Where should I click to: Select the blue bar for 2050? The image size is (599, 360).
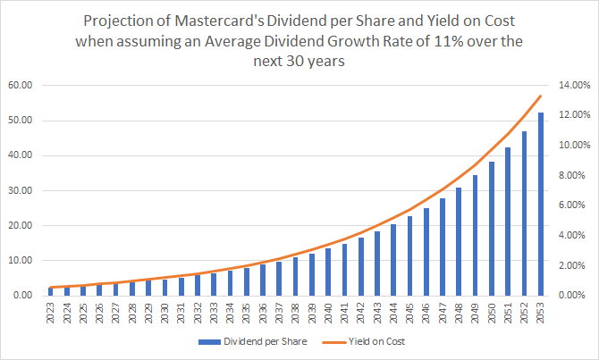click(492, 228)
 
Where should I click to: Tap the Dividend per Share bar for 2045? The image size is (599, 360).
click(409, 255)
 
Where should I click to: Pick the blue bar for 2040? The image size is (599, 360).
click(328, 272)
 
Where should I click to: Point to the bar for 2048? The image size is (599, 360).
click(459, 241)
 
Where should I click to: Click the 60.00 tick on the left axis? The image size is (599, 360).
click(31, 86)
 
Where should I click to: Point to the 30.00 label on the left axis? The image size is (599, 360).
click(31, 190)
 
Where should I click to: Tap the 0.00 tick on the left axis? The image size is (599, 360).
click(34, 295)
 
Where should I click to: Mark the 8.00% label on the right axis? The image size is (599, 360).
click(574, 175)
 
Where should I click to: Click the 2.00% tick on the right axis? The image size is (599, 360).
click(574, 265)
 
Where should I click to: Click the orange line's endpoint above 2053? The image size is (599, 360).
click(540, 96)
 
